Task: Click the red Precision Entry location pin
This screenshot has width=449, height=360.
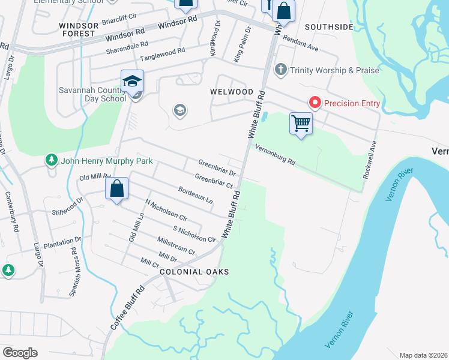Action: tap(315, 103)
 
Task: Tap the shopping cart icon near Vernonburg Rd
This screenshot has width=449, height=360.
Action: tap(301, 124)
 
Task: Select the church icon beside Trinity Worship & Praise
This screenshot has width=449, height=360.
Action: tap(280, 70)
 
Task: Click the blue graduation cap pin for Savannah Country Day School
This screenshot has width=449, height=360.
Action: tap(132, 81)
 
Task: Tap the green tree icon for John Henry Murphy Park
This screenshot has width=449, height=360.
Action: tap(51, 161)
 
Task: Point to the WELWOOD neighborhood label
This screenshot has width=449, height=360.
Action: tap(231, 92)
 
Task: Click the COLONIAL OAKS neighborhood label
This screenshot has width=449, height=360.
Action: tap(186, 272)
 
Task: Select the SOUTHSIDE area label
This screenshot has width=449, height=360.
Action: tap(329, 27)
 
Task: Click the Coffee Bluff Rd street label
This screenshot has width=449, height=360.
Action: tap(128, 307)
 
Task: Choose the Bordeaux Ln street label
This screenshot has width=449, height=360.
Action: tap(196, 194)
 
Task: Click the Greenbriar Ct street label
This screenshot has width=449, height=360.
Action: tap(214, 181)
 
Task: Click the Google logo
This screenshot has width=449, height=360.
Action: tap(20, 353)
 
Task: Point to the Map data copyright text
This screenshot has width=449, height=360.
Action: tap(423, 355)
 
